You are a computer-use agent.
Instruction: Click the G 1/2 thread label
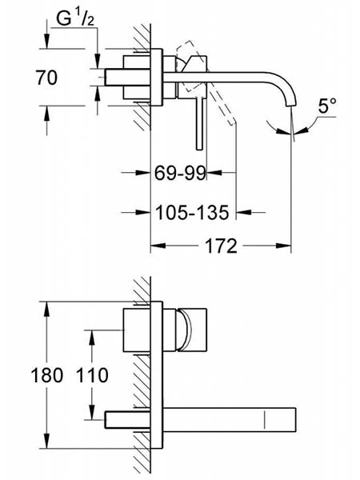click(75, 19)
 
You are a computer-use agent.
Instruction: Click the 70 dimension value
click(46, 78)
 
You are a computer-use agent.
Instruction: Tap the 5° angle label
click(327, 106)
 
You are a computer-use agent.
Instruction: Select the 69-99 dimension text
click(180, 173)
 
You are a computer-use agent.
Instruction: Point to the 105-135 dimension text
click(192, 212)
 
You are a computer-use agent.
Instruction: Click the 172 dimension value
click(221, 246)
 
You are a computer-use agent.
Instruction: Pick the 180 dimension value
click(47, 375)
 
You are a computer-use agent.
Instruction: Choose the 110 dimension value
click(92, 375)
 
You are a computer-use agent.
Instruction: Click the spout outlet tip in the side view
click(291, 106)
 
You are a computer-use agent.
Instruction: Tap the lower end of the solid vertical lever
click(199, 149)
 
